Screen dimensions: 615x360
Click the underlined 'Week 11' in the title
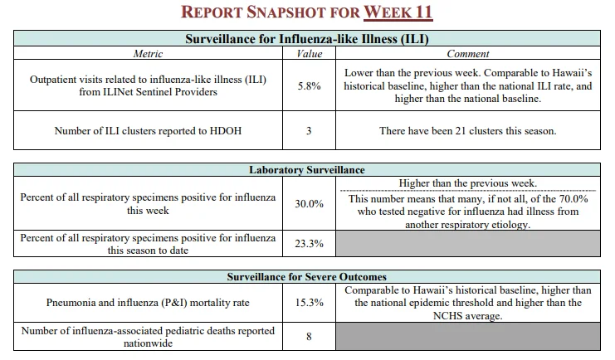click(398, 12)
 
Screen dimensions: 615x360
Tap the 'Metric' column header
click(148, 54)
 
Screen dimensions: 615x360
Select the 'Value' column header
click(309, 54)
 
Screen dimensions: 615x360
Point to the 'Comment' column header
click(468, 54)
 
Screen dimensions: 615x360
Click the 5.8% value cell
click(309, 86)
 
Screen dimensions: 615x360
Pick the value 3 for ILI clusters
click(309, 130)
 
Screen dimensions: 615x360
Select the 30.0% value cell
click(309, 203)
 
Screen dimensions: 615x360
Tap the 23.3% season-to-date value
click(309, 244)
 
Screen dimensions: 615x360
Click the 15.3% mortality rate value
click(309, 303)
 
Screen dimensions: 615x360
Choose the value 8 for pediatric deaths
click(309, 337)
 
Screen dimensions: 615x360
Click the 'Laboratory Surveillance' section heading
click(307, 170)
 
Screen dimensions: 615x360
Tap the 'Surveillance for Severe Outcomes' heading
click(307, 277)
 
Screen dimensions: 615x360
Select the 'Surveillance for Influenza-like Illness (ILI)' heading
click(307, 39)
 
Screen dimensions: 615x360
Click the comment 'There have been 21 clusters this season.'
click(468, 130)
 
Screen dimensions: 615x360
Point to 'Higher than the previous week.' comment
click(468, 183)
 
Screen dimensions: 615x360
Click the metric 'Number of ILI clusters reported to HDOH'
click(148, 130)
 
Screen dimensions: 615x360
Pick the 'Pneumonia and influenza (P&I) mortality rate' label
click(148, 303)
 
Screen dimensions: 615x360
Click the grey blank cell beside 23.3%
click(468, 244)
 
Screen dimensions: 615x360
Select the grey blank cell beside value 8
click(468, 336)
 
